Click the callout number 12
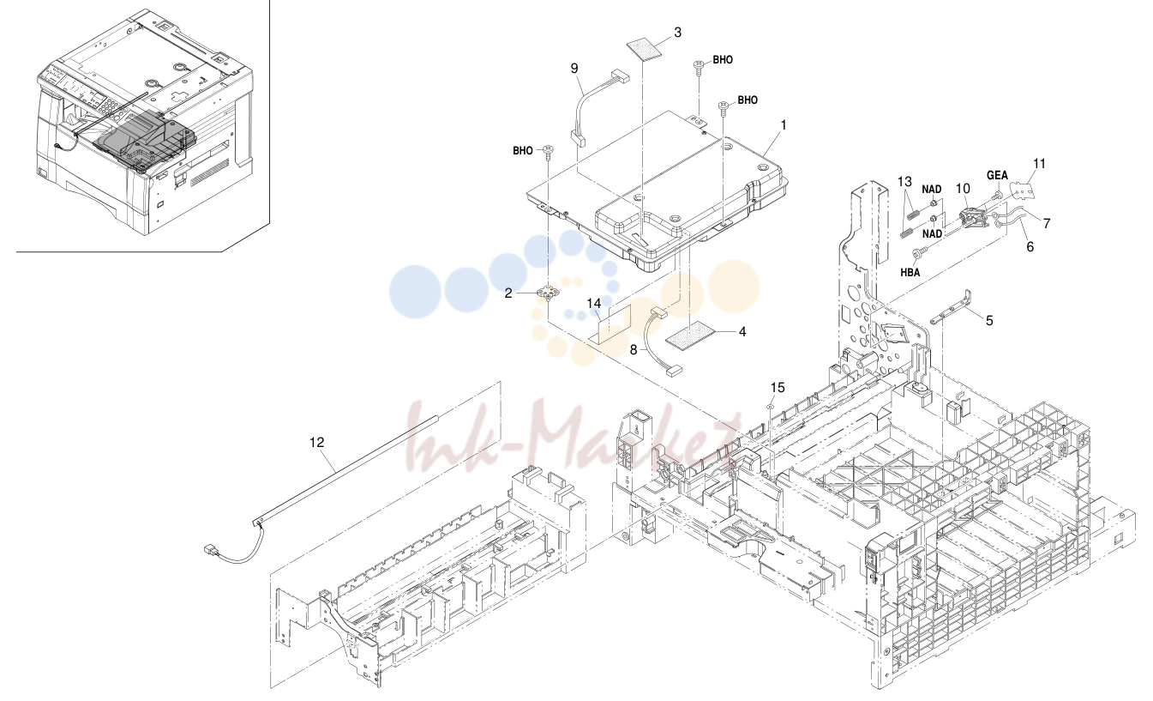[x=317, y=443]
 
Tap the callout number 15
[x=778, y=387]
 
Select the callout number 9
[x=574, y=69]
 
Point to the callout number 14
[x=594, y=304]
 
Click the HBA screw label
[x=910, y=273]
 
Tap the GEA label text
[x=997, y=176]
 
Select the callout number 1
[x=784, y=125]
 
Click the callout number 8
[x=634, y=350]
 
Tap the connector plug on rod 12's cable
[x=210, y=550]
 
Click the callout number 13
[x=904, y=181]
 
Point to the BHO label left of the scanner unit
[x=522, y=151]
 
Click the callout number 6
[x=1030, y=247]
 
